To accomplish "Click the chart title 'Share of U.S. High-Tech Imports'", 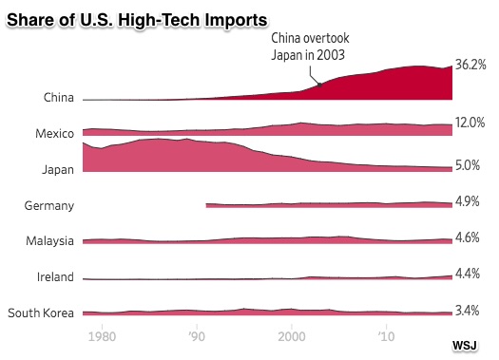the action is [x=137, y=20].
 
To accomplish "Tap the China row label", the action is [x=59, y=97].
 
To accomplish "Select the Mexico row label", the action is [x=55, y=133].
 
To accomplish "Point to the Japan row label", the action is [x=58, y=170].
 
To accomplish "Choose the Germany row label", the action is [x=49, y=206].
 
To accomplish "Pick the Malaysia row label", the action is [x=49, y=241].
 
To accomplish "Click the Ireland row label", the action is [x=55, y=277].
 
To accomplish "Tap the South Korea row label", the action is [x=41, y=313].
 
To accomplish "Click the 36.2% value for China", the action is [x=470, y=65].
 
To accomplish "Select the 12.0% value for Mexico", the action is [x=470, y=123].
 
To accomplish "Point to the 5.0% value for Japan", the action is [x=468, y=165].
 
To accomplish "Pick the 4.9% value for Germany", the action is [x=468, y=201].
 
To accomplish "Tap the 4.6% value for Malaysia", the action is [x=468, y=237].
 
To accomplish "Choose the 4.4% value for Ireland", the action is [x=468, y=274].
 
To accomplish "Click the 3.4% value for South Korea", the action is [x=468, y=311].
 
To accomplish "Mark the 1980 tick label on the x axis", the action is [x=102, y=336].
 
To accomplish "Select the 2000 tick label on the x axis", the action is [x=292, y=336].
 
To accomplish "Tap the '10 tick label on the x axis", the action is [x=386, y=336].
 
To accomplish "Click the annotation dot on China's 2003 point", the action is [x=319, y=85].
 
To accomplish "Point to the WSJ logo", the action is [x=465, y=346].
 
